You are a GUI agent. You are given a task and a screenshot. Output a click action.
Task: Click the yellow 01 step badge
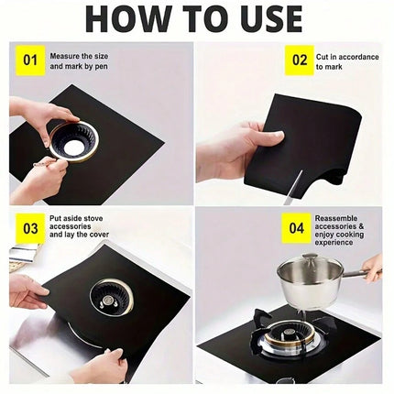tap(30, 60)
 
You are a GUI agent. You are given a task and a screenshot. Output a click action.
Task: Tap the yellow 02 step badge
tap(300, 60)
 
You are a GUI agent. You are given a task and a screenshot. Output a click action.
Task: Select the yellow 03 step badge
tap(30, 228)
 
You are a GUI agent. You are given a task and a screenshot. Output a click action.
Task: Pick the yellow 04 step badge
tap(296, 228)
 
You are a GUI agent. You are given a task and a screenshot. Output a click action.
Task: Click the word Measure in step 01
tap(64, 57)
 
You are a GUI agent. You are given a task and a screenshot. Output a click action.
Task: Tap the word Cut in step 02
tap(323, 57)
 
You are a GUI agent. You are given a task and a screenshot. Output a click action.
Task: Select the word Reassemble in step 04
tap(336, 218)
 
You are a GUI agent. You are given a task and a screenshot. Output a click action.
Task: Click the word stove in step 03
tap(93, 218)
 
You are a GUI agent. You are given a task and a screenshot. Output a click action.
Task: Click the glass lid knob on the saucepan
tap(309, 257)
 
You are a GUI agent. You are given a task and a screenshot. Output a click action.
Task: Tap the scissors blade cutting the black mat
tap(292, 187)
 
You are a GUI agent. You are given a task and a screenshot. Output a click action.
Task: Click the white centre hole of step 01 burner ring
tap(73, 143)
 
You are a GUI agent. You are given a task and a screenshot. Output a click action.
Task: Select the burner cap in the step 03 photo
tap(108, 301)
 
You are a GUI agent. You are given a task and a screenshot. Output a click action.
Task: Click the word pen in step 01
tap(101, 67)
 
